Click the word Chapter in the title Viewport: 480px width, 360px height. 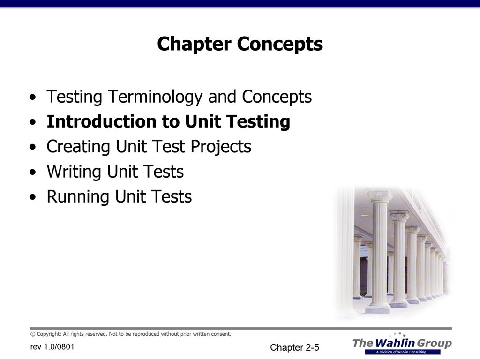(194, 44)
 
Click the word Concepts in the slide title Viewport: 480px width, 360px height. (280, 44)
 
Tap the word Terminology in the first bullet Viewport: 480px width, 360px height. (155, 97)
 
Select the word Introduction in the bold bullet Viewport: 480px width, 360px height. (102, 121)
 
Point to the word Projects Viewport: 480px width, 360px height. (221, 147)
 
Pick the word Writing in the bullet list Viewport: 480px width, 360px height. (74, 172)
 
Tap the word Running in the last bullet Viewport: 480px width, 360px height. (78, 197)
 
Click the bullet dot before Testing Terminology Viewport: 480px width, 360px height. (33, 97)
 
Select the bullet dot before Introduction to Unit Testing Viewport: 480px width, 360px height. (33, 122)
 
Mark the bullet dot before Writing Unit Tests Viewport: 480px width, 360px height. (33, 172)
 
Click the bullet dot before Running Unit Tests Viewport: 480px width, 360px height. (33, 197)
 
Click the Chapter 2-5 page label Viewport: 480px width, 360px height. (294, 347)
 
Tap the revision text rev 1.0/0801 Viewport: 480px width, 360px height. (52, 347)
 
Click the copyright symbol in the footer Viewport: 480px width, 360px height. (33, 334)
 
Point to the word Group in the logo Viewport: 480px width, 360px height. (435, 344)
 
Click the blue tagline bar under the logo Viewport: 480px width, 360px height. (403, 352)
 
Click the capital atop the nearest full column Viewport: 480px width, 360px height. (380, 195)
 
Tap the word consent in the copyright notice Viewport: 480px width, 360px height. (221, 334)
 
